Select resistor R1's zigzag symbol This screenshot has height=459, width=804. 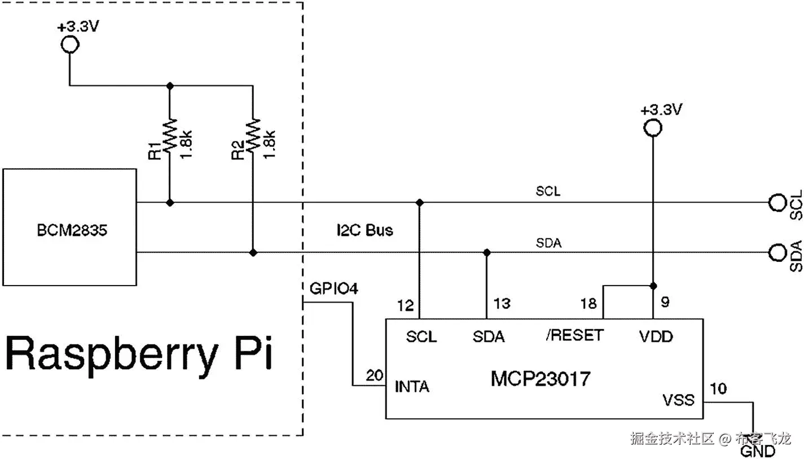170,135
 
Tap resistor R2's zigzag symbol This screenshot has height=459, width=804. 253,135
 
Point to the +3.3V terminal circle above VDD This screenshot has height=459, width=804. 653,128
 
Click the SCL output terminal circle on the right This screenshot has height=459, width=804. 777,202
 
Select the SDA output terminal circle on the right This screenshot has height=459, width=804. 777,252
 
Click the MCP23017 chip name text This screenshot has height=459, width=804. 541,378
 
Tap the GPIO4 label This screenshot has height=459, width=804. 333,288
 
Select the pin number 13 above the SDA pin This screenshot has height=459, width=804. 502,304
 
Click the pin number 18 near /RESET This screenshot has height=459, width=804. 588,304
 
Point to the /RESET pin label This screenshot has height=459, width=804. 574,335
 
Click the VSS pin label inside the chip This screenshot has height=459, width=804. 678,401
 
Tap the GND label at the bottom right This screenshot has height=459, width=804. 757,451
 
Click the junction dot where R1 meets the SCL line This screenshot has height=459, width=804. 170,202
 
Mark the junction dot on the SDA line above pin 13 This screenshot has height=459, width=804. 487,252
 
